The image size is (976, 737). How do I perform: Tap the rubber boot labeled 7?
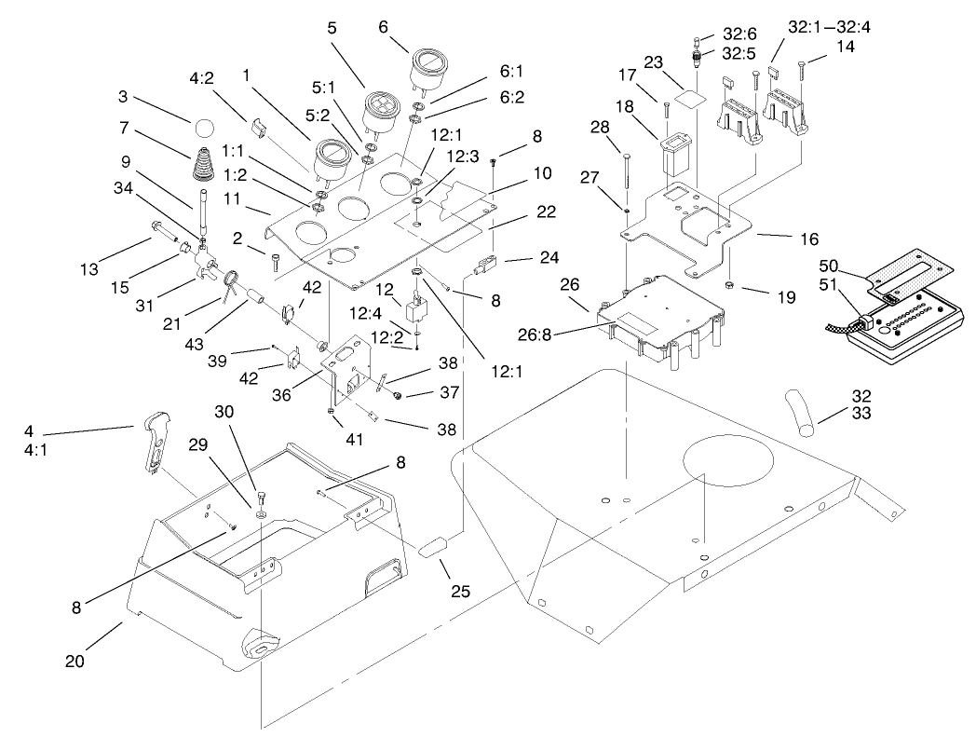(205, 167)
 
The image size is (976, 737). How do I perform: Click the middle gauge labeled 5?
(382, 106)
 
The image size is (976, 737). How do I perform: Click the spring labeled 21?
(232, 279)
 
